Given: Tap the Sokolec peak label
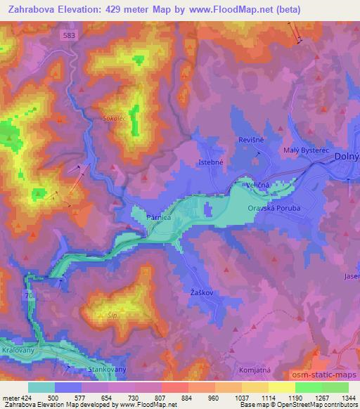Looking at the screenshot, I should point(113,120).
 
